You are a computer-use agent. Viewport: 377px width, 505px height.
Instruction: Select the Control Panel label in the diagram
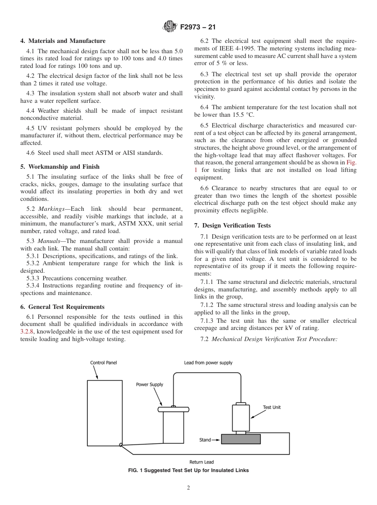click(104, 362)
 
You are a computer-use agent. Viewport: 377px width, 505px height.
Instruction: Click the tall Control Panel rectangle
click(104, 413)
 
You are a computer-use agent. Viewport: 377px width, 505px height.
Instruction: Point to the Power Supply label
click(150, 384)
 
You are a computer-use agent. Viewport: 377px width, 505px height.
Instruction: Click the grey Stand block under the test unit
click(241, 439)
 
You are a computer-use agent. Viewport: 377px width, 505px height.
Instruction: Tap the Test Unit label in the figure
click(271, 407)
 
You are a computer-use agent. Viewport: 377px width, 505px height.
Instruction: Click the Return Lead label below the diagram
click(202, 462)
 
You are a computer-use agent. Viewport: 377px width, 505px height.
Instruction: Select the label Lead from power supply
click(208, 362)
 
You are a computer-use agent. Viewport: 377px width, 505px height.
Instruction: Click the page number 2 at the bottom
click(188, 488)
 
